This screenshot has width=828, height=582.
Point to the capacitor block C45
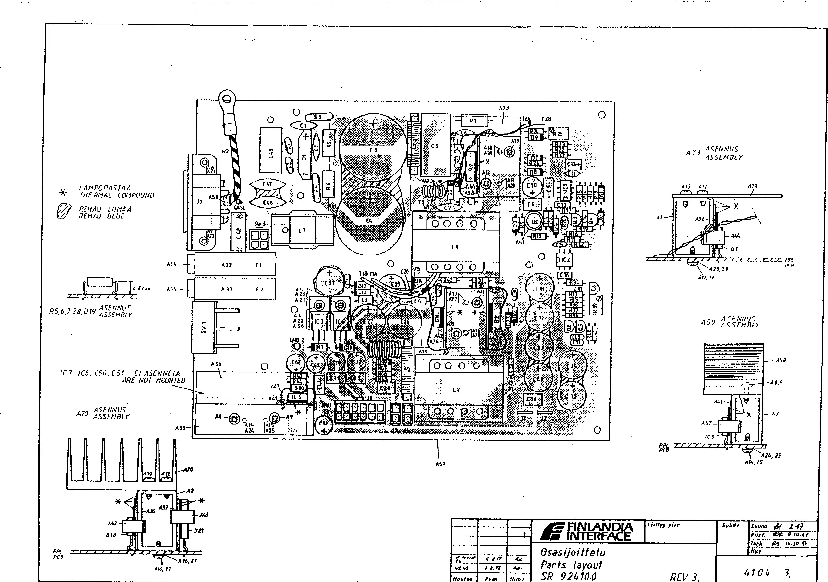coord(270,149)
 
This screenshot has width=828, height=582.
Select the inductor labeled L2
coord(455,389)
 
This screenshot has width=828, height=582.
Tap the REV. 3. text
coord(684,577)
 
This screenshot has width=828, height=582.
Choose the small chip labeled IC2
coord(565,260)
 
